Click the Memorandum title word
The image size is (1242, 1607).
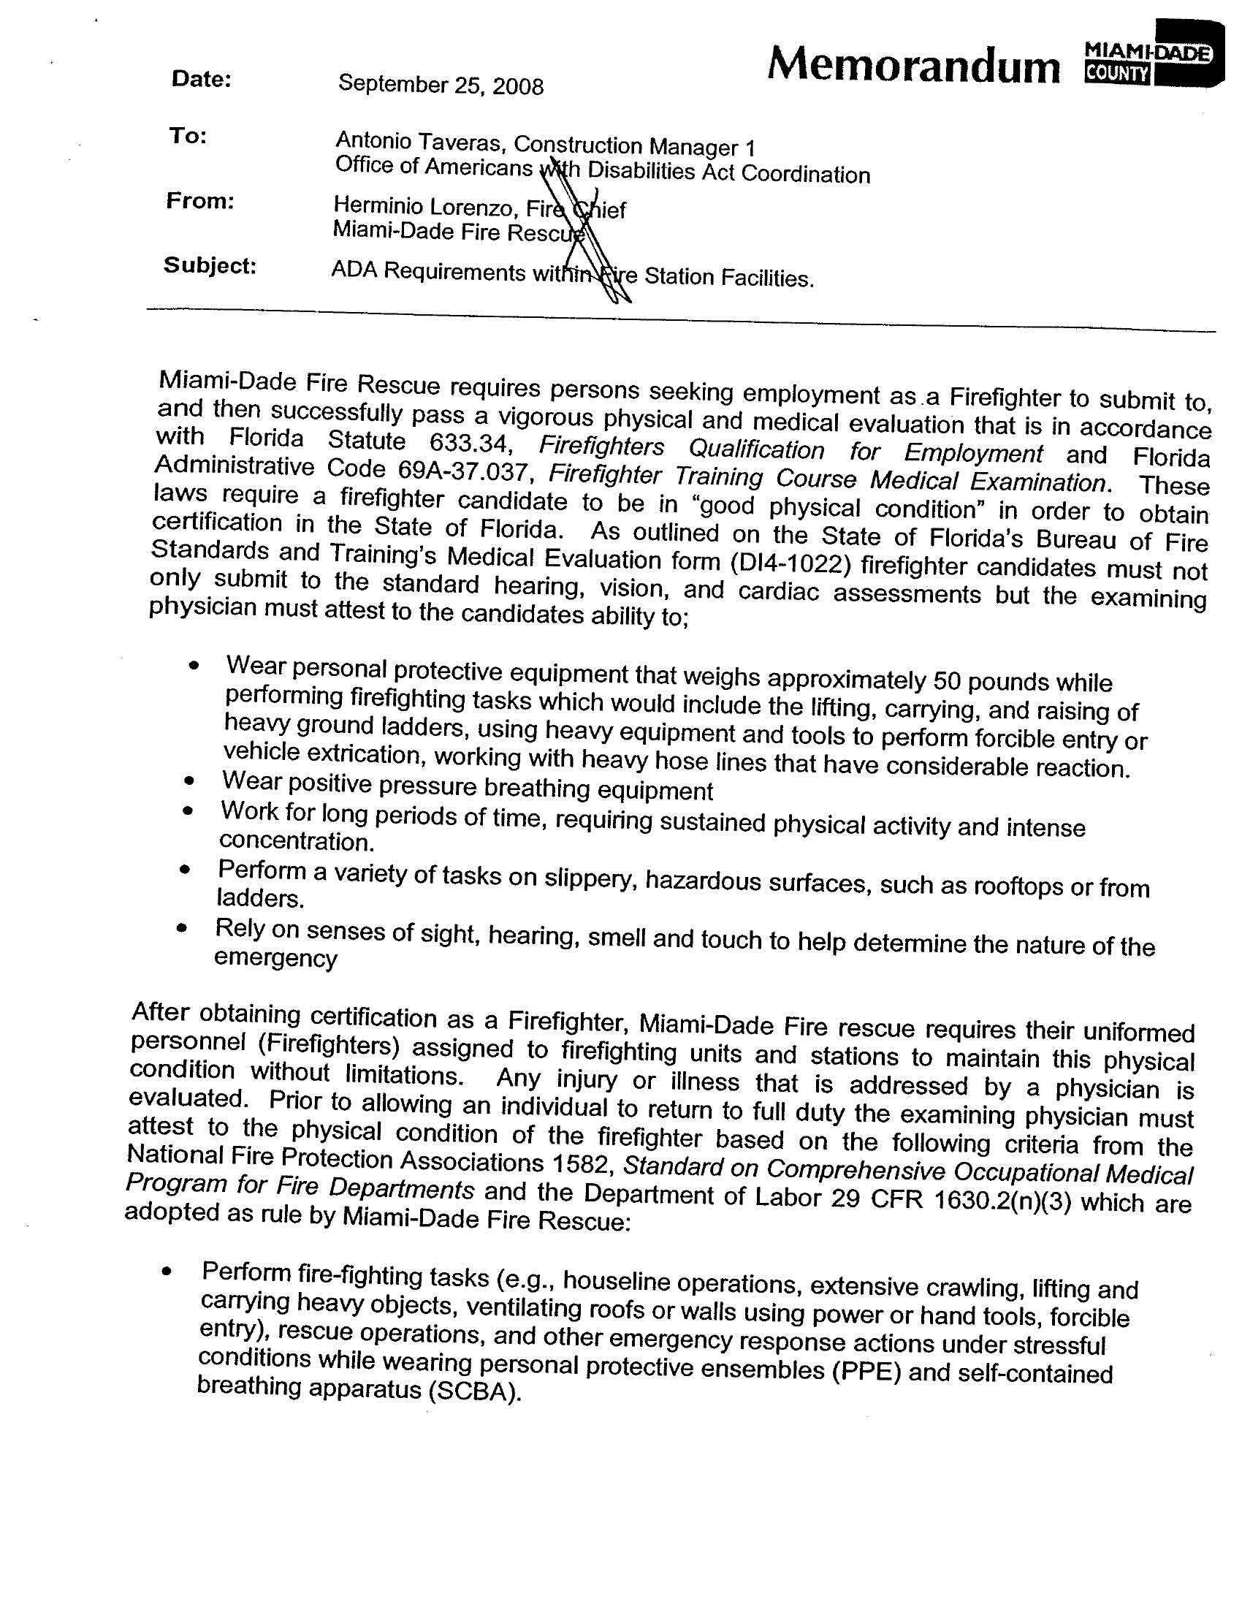point(913,66)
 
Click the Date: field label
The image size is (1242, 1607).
point(202,80)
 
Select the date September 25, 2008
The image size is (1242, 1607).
point(441,86)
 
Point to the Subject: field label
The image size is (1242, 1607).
point(210,265)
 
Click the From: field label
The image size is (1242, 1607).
point(200,201)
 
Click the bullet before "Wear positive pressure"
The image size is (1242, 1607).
point(191,780)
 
